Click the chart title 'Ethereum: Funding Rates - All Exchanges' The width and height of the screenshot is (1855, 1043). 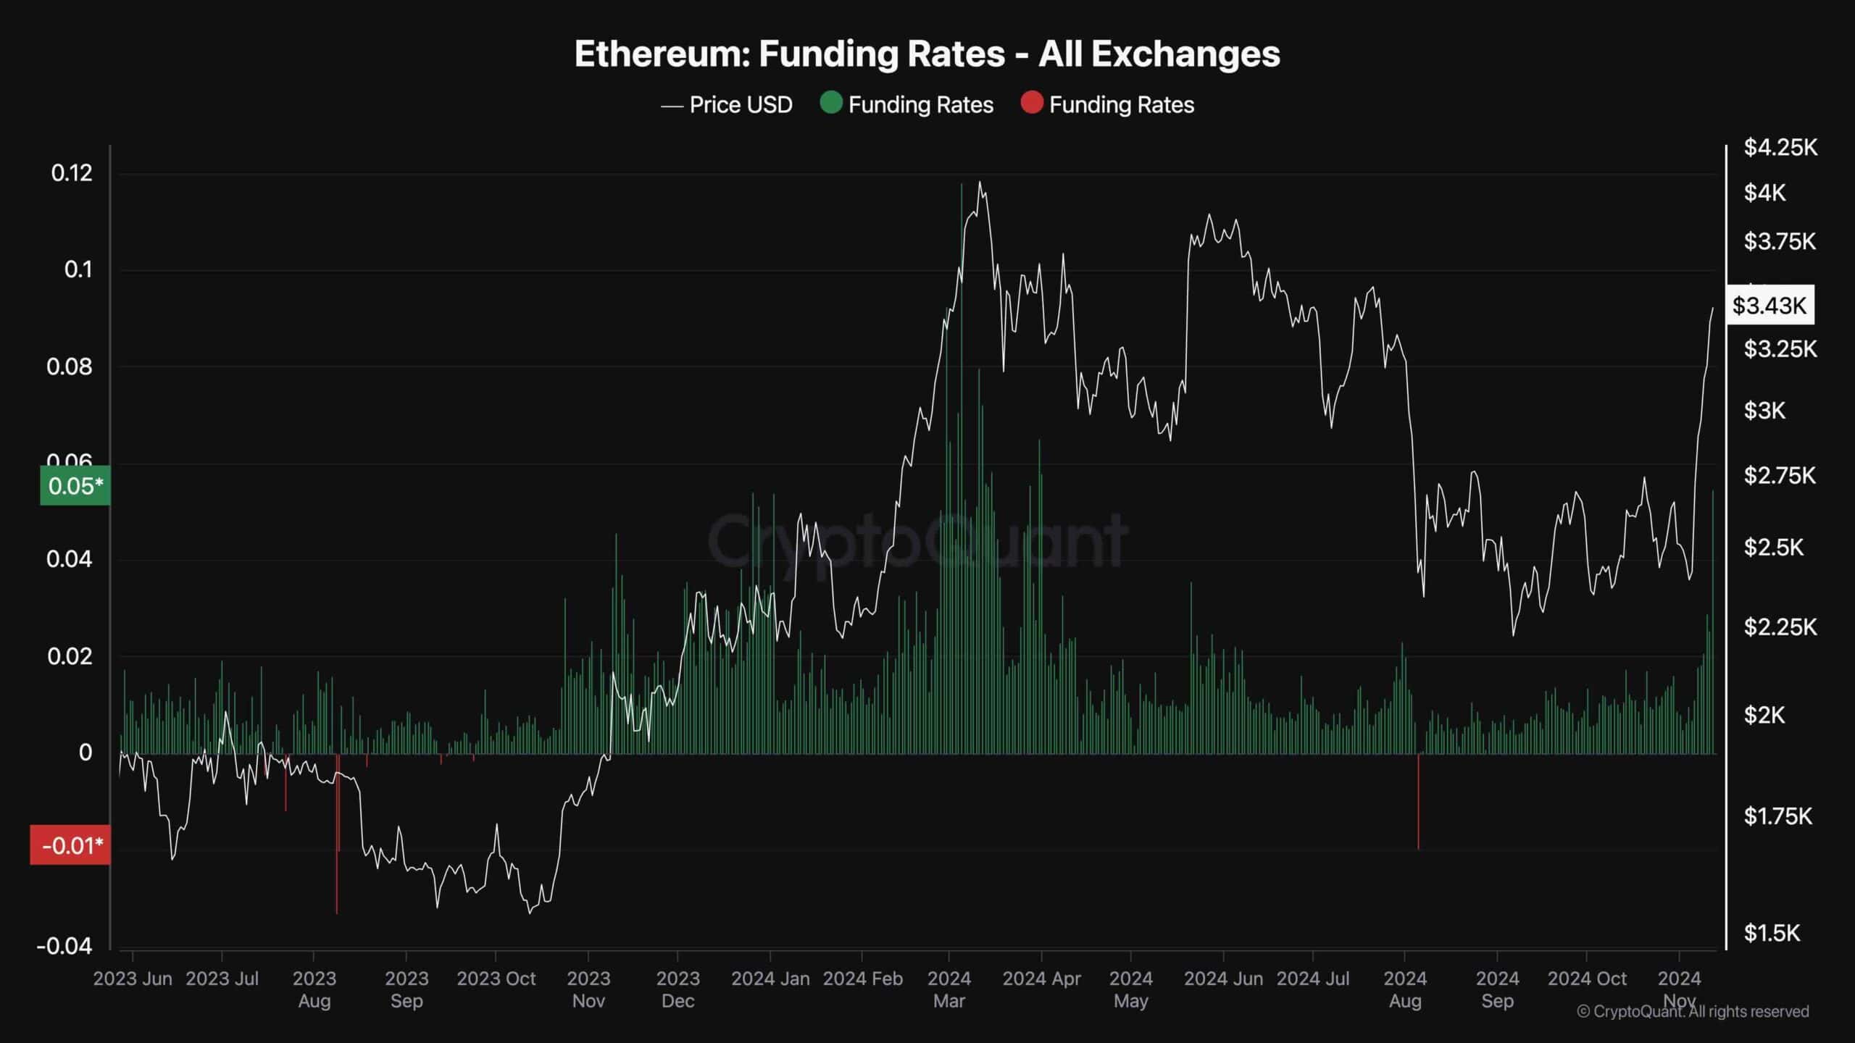pyautogui.click(x=927, y=54)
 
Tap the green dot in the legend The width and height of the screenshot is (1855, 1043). pyautogui.click(x=830, y=104)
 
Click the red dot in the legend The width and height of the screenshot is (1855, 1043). pyautogui.click(x=1031, y=104)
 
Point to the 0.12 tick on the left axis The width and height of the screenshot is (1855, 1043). pyautogui.click(x=72, y=173)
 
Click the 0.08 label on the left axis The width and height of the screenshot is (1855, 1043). pyautogui.click(x=70, y=366)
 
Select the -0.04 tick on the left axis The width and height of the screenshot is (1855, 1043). pyautogui.click(x=65, y=946)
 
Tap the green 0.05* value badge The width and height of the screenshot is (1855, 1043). pyautogui.click(x=75, y=485)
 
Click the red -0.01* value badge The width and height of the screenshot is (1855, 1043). pyautogui.click(x=71, y=845)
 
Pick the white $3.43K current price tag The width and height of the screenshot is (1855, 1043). pyautogui.click(x=1769, y=305)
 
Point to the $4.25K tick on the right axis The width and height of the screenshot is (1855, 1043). pyautogui.click(x=1780, y=148)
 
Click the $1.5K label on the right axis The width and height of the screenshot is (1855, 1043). pyautogui.click(x=1771, y=933)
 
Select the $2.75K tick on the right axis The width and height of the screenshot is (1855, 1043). pyautogui.click(x=1780, y=476)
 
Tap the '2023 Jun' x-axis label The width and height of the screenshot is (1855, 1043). pyautogui.click(x=133, y=979)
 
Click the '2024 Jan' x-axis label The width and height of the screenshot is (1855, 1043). pyautogui.click(x=770, y=979)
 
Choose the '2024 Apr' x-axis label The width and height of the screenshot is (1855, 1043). pyautogui.click(x=1041, y=979)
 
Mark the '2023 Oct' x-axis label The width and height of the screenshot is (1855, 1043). pyautogui.click(x=496, y=979)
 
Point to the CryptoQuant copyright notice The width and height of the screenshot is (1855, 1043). pyautogui.click(x=1693, y=1012)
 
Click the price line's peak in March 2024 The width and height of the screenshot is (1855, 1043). pyautogui.click(x=980, y=183)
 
